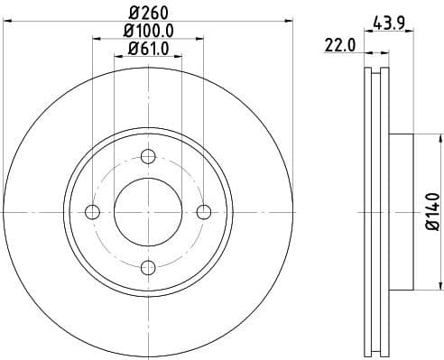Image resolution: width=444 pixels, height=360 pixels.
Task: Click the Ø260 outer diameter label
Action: [147, 12]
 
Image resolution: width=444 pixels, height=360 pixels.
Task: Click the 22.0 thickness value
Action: [339, 43]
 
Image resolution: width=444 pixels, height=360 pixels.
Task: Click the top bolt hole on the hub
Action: [148, 157]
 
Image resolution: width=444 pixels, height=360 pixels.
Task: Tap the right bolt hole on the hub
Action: [203, 212]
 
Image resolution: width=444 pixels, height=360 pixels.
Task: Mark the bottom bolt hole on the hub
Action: [148, 267]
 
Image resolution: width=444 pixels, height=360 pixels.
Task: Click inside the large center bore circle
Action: [148, 212]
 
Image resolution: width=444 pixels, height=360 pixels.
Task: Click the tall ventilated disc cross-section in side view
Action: [376, 212]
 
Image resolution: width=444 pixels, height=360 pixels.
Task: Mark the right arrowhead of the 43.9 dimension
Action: [412, 34]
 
